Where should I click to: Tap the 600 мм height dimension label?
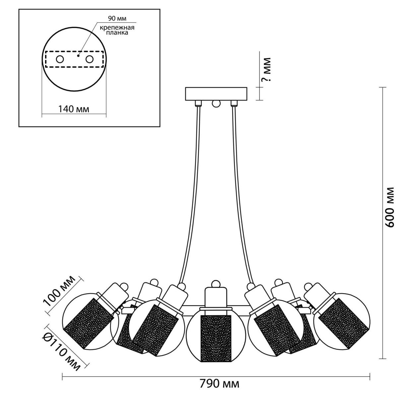point(390,207)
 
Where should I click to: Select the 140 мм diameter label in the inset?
point(74,109)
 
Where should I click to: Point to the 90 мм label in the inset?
point(117,18)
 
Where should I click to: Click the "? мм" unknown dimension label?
point(266,70)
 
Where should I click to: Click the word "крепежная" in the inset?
point(117,28)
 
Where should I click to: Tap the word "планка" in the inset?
point(117,33)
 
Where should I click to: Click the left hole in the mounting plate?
point(60,59)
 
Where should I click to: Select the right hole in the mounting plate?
point(90,59)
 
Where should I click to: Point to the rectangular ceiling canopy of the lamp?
point(216,94)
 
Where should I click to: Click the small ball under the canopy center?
point(216,103)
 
